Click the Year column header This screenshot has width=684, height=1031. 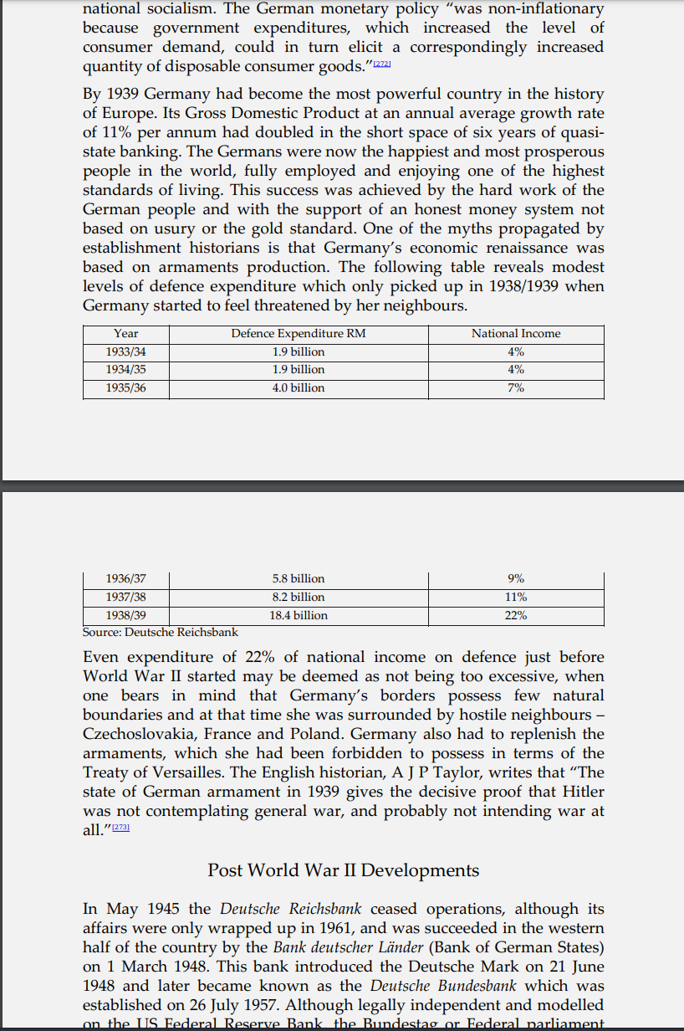coord(126,334)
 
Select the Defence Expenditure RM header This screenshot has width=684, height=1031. coord(299,334)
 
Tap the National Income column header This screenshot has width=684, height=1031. coord(516,334)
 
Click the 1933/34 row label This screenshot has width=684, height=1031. coord(126,351)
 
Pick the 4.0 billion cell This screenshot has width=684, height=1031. coord(299,388)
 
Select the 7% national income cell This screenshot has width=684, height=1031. coord(516,388)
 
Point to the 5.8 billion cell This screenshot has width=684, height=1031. coord(299,579)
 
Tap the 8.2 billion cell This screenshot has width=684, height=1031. coord(299,598)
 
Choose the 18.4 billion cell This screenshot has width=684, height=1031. coord(299,616)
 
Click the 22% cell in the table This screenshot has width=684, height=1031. coord(516,616)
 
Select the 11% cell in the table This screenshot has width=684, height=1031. coord(516,598)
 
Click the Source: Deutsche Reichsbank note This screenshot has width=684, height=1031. coord(161,633)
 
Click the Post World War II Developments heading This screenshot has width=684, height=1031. coord(343,870)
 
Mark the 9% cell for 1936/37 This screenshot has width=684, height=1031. coord(516,579)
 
